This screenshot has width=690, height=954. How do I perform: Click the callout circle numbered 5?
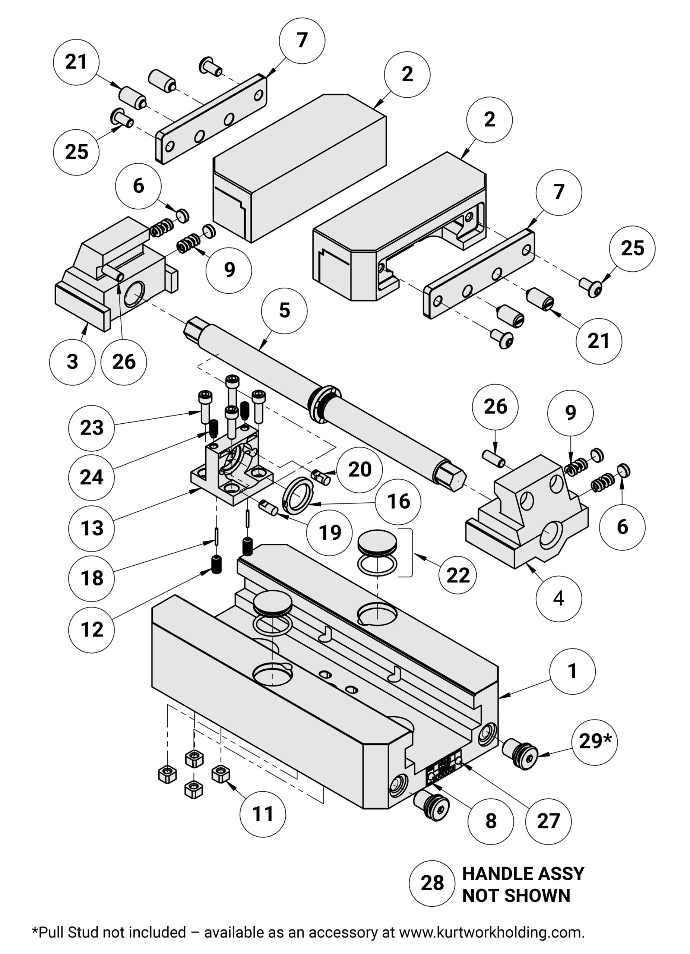pyautogui.click(x=284, y=311)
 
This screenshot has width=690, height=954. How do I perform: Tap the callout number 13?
pyautogui.click(x=91, y=528)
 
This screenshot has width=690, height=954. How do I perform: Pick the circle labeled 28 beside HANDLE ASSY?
pyautogui.click(x=432, y=883)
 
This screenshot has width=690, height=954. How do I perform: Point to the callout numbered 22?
pyautogui.click(x=458, y=575)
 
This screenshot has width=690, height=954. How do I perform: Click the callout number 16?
pyautogui.click(x=398, y=501)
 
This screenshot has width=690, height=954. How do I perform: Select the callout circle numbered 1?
pyautogui.click(x=572, y=671)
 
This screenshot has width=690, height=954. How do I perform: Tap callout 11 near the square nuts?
pyautogui.click(x=263, y=814)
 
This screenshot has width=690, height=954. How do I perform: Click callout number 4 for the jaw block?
pyautogui.click(x=559, y=598)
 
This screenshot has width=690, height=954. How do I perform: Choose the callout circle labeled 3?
pyautogui.click(x=72, y=362)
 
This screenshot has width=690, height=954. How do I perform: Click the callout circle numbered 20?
pyautogui.click(x=360, y=469)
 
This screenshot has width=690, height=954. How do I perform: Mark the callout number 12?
pyautogui.click(x=91, y=630)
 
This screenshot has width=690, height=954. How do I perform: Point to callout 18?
pyautogui.click(x=91, y=578)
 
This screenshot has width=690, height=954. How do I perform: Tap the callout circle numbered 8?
pyautogui.click(x=491, y=821)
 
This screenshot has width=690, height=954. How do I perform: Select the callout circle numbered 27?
pyautogui.click(x=548, y=821)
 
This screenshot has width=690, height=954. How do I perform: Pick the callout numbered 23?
pyautogui.click(x=91, y=428)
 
